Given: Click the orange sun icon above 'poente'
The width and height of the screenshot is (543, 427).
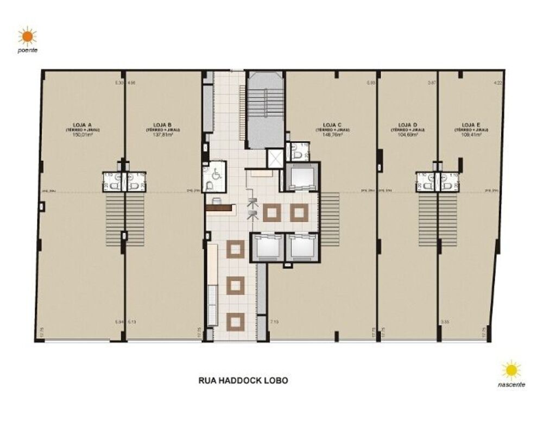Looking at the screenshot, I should click(x=27, y=37).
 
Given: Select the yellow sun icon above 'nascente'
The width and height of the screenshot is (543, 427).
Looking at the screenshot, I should click(x=511, y=371).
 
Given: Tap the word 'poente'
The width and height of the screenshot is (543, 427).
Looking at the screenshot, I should click(x=27, y=51).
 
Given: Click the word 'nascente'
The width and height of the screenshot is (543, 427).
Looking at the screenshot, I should click(x=511, y=384).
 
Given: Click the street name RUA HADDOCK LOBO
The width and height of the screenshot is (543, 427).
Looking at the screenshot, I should click(x=243, y=380).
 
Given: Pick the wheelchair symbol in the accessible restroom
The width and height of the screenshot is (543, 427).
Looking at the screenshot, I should click(x=216, y=175).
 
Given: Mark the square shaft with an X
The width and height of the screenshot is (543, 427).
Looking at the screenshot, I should click(x=274, y=158).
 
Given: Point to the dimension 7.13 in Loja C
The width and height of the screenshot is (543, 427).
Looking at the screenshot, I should click(x=274, y=322).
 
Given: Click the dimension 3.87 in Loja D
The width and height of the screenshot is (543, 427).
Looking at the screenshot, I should click(x=432, y=83).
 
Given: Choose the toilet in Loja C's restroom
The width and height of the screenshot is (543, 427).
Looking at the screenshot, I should click(x=296, y=155).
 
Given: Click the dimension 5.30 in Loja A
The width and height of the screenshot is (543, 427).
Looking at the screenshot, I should click(x=119, y=83).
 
